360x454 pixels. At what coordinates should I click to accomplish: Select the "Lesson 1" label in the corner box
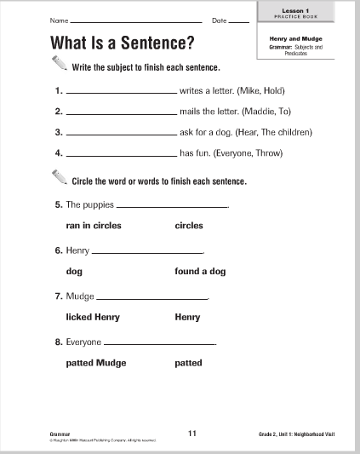tap(301, 6)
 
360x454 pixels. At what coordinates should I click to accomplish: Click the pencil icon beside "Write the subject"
tap(57, 64)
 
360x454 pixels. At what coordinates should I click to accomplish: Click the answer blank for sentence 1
tap(120, 91)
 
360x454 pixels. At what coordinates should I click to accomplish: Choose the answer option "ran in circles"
tap(94, 226)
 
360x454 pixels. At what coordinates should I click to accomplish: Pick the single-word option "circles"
tap(189, 226)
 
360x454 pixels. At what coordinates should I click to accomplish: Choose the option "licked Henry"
tap(93, 317)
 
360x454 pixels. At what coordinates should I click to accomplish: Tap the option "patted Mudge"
tap(95, 363)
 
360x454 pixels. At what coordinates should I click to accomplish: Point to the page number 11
tap(192, 433)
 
